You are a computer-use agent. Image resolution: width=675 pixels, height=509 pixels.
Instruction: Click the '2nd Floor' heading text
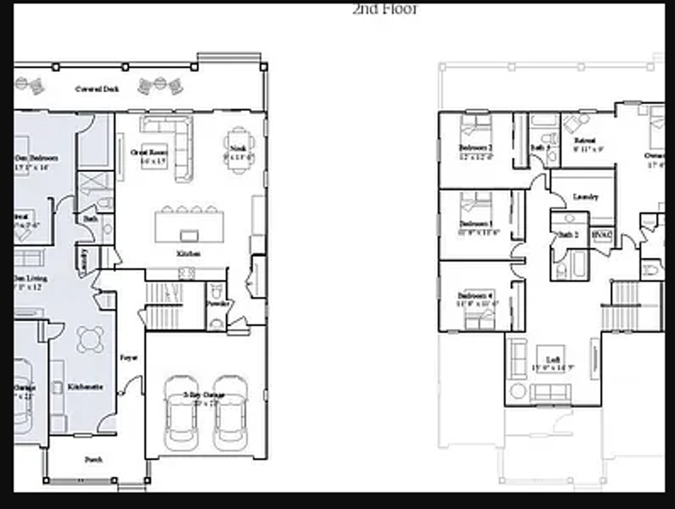[x=385, y=9]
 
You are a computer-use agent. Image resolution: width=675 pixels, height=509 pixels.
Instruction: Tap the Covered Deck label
[x=97, y=89]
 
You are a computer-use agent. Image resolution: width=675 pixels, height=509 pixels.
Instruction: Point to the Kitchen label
[x=188, y=254]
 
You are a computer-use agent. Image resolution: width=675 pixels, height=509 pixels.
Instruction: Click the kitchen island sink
[x=189, y=235]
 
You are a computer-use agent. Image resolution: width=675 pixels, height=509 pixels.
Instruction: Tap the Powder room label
[x=218, y=304]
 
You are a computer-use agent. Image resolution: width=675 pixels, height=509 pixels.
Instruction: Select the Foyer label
[x=128, y=358]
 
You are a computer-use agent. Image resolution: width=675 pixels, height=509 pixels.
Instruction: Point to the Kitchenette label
[x=85, y=387]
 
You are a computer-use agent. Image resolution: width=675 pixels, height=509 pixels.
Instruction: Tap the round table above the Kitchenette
[x=91, y=339]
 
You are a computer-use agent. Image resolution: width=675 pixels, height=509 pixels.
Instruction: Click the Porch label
[x=94, y=460]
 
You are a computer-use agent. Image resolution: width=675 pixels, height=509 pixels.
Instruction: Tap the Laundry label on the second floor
[x=585, y=197]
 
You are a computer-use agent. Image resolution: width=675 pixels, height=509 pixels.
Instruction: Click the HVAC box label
[x=601, y=234]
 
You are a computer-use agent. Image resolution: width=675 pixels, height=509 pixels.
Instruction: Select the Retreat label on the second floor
[x=585, y=141]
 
